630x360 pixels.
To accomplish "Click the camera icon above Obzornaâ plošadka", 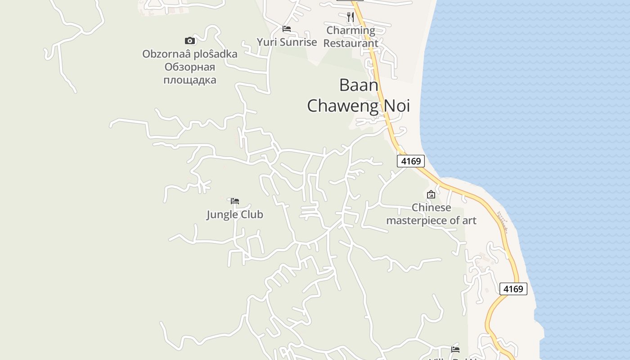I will point(190,41).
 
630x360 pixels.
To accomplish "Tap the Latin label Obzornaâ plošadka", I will point(189,54).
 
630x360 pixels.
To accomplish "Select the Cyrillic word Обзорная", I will point(189,67).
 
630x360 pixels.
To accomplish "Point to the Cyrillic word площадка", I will point(189,80).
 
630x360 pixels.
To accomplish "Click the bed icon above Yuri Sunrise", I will point(287,29).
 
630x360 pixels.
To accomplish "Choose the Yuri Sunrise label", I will point(287,42).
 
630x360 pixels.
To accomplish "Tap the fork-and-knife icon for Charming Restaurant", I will point(351,18).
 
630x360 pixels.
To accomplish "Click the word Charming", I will point(351,31).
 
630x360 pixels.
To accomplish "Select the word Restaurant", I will point(351,43).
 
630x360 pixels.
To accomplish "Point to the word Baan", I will point(359,85).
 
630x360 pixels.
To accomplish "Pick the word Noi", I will point(397,105).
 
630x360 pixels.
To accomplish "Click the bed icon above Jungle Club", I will point(234,201).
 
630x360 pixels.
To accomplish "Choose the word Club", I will point(251,215).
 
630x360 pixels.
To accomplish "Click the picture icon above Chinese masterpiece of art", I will point(431,194).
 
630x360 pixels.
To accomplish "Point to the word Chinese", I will point(431,207).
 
